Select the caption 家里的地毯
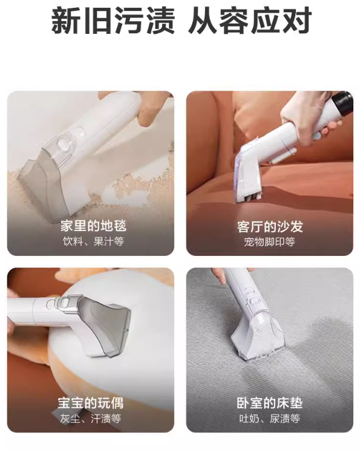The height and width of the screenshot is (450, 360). click(x=93, y=226)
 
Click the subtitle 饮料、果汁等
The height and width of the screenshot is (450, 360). click(x=93, y=241)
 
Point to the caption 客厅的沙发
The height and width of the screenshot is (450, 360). click(x=270, y=227)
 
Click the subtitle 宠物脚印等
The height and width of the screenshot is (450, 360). click(x=270, y=242)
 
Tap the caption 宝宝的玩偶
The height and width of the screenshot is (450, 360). click(x=90, y=403)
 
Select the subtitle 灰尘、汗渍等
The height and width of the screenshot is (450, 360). click(x=90, y=419)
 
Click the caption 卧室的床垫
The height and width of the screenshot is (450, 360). click(x=270, y=403)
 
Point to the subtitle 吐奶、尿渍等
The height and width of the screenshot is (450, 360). click(x=270, y=419)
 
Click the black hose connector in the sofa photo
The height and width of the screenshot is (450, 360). click(x=342, y=105)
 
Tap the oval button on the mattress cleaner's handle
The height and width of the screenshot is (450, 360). click(x=254, y=301)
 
